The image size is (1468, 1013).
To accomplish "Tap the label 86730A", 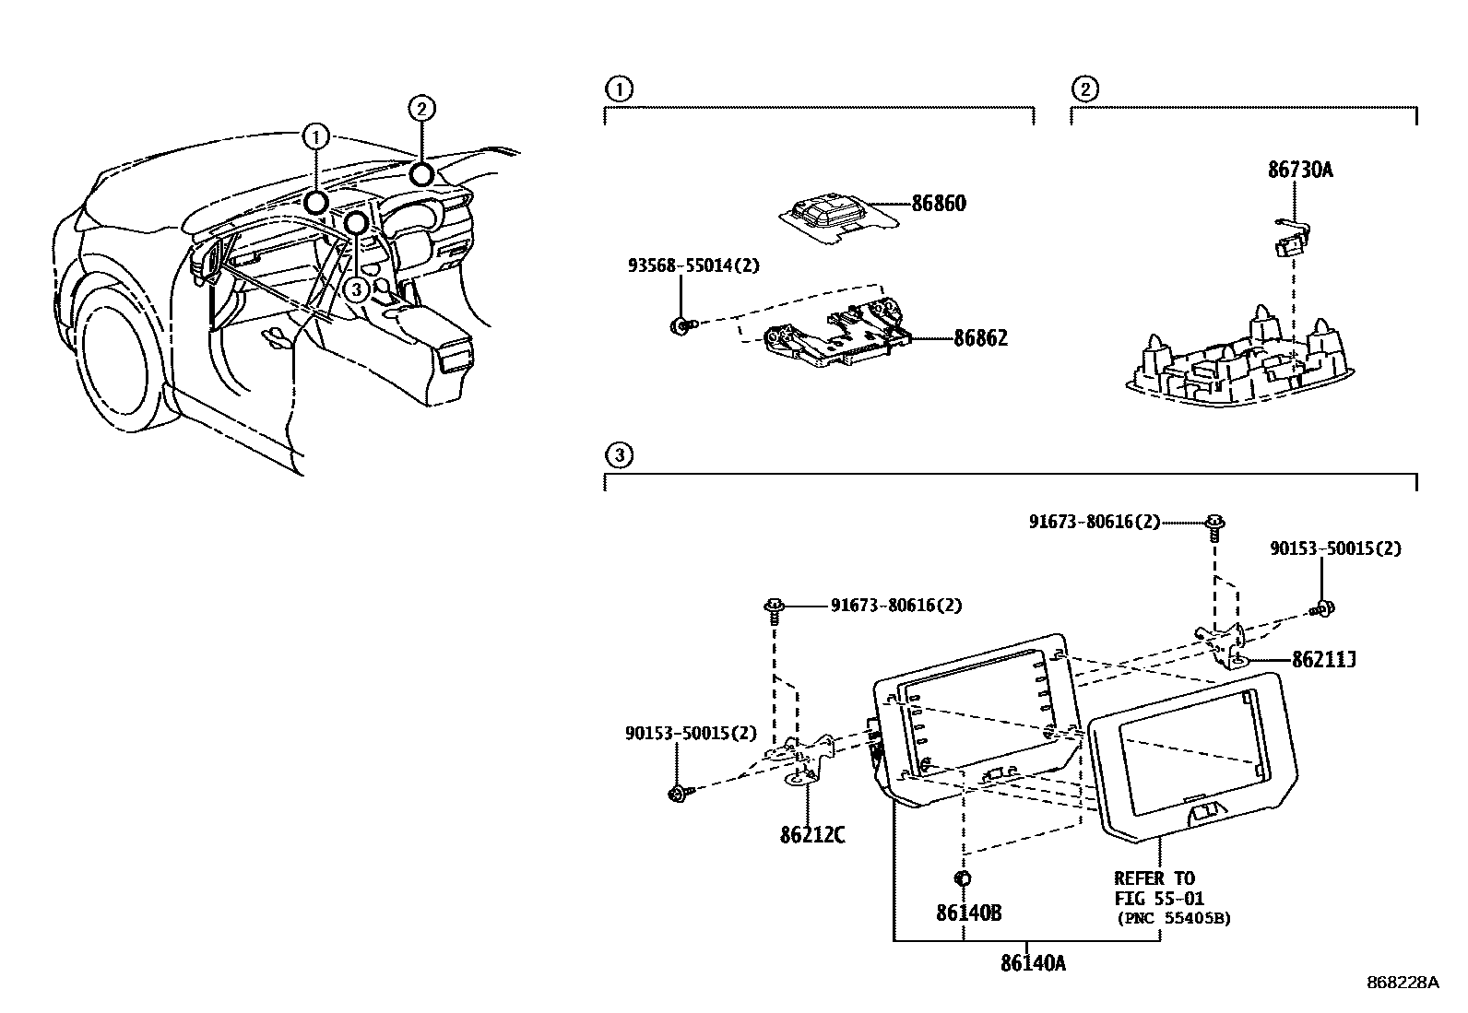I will pyautogui.click(x=1300, y=170).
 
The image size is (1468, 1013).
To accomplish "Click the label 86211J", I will pyautogui.click(x=1322, y=659).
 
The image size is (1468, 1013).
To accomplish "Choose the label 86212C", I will pyautogui.click(x=811, y=835).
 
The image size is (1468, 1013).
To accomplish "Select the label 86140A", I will pyautogui.click(x=1033, y=963).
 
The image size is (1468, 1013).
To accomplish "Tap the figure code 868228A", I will pyautogui.click(x=1402, y=983).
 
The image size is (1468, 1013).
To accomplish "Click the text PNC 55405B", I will pyautogui.click(x=1173, y=918).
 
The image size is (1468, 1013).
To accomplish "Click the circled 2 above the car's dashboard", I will pyautogui.click(x=420, y=109).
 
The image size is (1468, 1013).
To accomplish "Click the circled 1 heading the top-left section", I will pyautogui.click(x=618, y=89).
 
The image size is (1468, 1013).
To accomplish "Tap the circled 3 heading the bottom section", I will pyautogui.click(x=618, y=455).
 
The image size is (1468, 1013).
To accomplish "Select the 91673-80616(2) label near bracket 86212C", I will pyautogui.click(x=895, y=605).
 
